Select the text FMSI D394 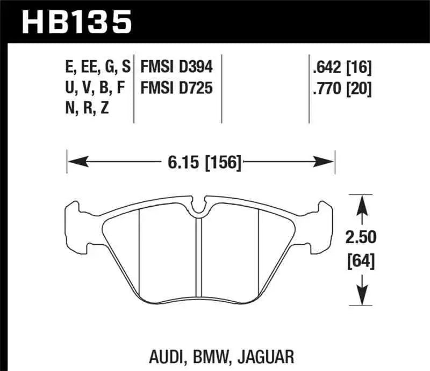177,68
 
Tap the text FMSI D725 177,87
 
